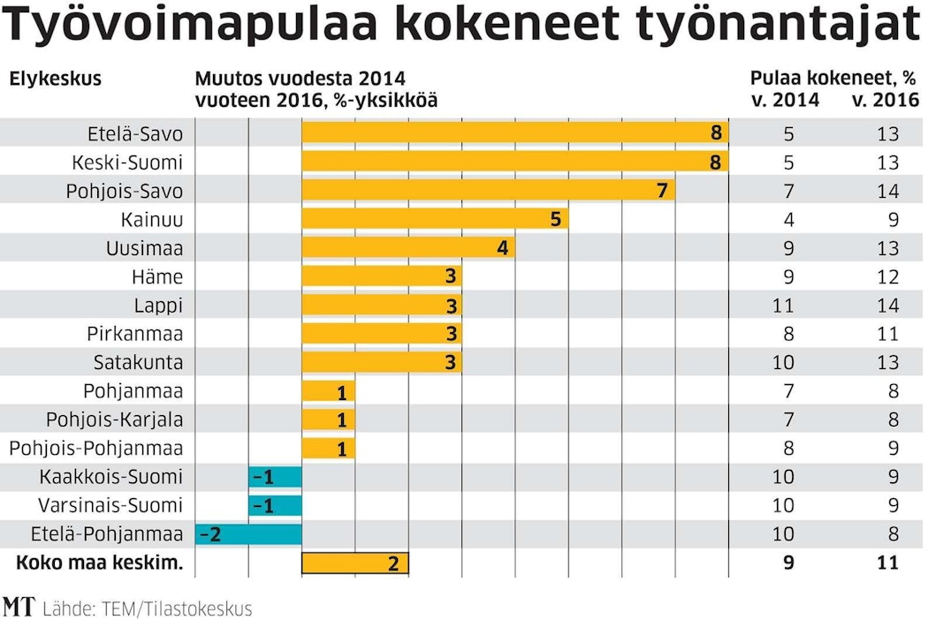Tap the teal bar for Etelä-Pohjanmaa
[248, 533]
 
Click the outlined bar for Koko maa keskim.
[355, 563]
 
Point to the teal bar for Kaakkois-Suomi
[275, 477]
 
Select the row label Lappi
[158, 306]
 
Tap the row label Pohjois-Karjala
[114, 420]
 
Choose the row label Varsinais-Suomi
[110, 505]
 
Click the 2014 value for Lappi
[782, 306]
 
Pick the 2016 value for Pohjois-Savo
[887, 191]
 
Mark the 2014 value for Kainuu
[788, 219]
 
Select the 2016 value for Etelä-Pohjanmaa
[893, 533]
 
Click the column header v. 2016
[885, 100]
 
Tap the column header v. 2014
[785, 100]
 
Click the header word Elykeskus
[55, 79]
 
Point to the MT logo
[18, 608]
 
